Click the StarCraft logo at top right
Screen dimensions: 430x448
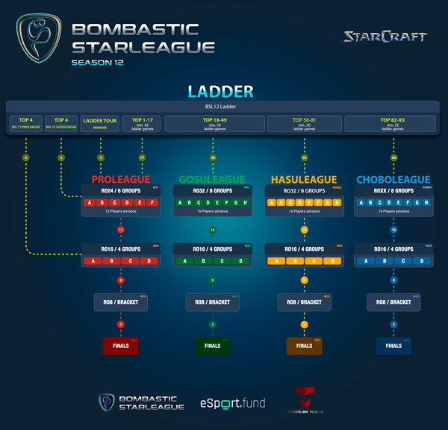[385, 37]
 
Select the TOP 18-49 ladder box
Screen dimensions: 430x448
[214, 124]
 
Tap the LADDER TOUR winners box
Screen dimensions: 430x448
[101, 124]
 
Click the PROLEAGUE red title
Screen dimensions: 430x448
[121, 180]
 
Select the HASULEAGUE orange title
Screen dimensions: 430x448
[303, 180]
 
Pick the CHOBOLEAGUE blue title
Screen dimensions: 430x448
[393, 180]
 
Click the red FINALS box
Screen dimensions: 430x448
[121, 346]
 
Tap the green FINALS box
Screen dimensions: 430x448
[212, 346]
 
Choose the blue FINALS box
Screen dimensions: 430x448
[393, 346]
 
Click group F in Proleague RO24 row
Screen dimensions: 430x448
[152, 202]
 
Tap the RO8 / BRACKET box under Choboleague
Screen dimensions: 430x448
[393, 302]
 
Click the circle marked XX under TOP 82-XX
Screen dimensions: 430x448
[393, 158]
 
